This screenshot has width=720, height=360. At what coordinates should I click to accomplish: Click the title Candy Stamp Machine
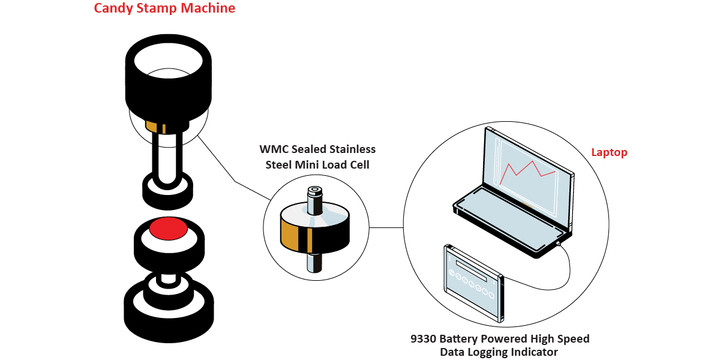pyautogui.click(x=164, y=9)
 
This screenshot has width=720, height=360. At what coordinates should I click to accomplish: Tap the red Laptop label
pyautogui.click(x=609, y=152)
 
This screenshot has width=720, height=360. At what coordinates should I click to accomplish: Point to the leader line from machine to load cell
pyautogui.click(x=234, y=178)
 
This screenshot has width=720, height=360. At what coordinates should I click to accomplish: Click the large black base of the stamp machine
pyautogui.click(x=169, y=315)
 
